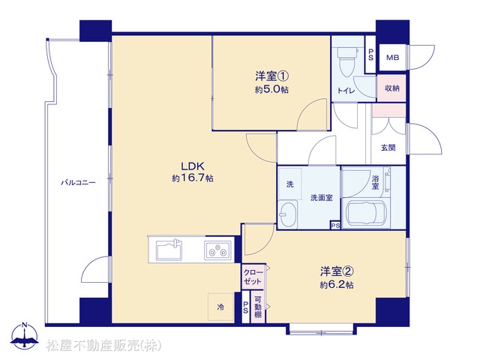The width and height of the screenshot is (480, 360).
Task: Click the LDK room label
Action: click(x=193, y=166)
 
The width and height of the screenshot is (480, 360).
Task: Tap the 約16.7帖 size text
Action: click(x=193, y=178)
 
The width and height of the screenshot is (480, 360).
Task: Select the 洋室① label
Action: click(x=271, y=76)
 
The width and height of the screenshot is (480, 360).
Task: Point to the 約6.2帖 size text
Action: click(x=337, y=285)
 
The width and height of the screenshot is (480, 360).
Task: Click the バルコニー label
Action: click(x=78, y=183)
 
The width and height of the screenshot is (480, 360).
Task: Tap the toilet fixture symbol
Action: click(x=346, y=61)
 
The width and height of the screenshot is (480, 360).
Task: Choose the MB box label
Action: click(x=392, y=58)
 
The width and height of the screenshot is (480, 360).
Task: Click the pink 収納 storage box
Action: click(x=391, y=88)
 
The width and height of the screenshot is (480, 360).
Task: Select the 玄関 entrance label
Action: click(x=388, y=148)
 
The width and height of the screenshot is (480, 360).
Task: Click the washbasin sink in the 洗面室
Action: click(x=288, y=214)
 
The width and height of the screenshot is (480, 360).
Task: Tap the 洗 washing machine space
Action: click(x=289, y=184)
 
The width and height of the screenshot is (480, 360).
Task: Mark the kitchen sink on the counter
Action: click(x=169, y=250)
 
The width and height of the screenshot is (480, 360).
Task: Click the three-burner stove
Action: click(x=217, y=250)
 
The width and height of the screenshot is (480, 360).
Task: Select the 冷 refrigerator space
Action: click(x=220, y=307)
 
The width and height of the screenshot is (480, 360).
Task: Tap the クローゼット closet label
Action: click(x=253, y=277)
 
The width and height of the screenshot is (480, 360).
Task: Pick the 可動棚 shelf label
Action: click(x=258, y=307)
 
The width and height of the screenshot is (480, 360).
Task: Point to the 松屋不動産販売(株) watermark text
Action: click(x=103, y=346)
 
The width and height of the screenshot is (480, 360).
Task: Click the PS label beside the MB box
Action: click(x=370, y=55)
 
